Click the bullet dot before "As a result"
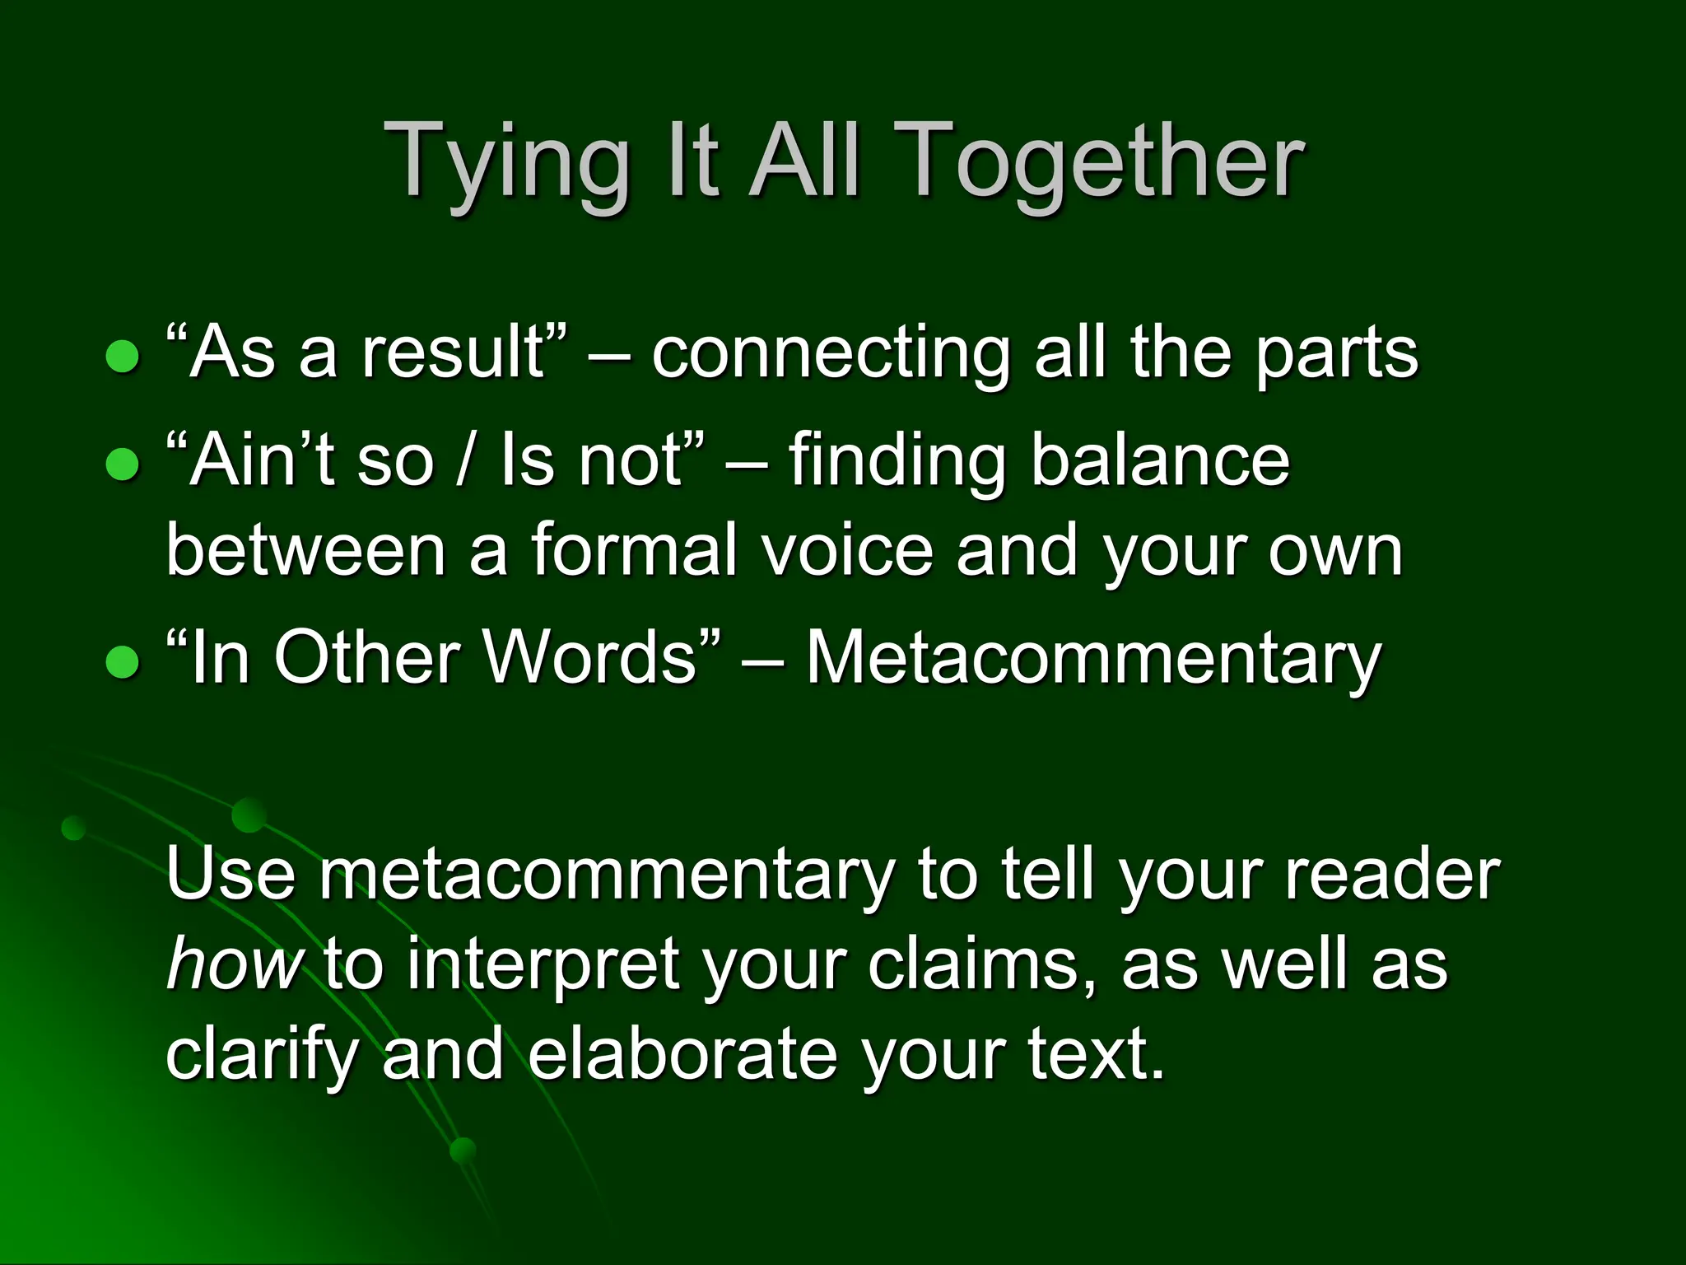click(123, 357)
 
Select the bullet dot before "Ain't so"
click(123, 464)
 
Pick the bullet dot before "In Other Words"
click(123, 661)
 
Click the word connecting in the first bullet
click(831, 354)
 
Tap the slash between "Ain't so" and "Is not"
click(467, 461)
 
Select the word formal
click(634, 552)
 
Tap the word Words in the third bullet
click(589, 659)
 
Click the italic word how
click(234, 965)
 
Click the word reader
click(1391, 875)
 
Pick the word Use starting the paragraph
click(231, 875)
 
